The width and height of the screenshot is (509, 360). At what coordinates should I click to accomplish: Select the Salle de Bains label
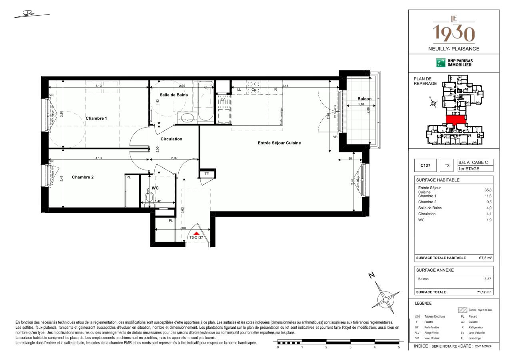pos(174,95)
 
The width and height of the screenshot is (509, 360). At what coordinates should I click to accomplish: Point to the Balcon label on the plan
pos(364,99)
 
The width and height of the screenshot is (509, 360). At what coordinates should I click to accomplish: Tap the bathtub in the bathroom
pos(204,101)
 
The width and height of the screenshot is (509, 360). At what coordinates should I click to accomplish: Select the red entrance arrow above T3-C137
pos(196,233)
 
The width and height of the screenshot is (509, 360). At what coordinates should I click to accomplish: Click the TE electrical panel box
pos(207,174)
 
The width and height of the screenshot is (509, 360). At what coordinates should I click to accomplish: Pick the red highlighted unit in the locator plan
pos(456,119)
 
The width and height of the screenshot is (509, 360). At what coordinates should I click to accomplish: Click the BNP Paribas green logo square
pos(441,62)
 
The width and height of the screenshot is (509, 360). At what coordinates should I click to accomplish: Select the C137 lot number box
pos(425,165)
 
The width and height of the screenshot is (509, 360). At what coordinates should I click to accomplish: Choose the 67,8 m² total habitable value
pos(485,258)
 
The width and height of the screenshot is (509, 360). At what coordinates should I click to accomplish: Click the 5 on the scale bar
pos(399,347)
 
